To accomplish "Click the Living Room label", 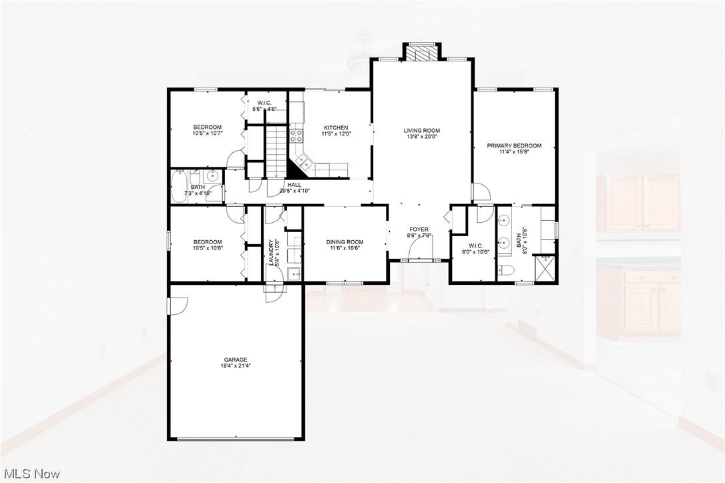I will click(x=422, y=131).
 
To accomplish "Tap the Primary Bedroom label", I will click(x=514, y=145).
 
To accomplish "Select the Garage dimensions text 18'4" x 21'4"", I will click(x=236, y=366).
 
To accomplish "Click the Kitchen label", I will click(x=336, y=128).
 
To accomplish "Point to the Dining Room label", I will click(x=344, y=241).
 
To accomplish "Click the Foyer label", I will click(x=419, y=229).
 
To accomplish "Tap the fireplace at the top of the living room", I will click(x=421, y=51).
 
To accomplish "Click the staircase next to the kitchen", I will click(x=276, y=149).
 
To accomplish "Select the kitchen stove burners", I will click(x=295, y=137).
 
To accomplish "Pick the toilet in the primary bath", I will click(x=505, y=270).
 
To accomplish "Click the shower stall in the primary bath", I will click(x=546, y=270).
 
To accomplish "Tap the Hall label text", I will click(x=294, y=185).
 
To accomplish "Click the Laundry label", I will click(x=271, y=254).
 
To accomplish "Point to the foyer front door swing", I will click(x=419, y=250).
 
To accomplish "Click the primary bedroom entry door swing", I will click(x=481, y=192).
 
